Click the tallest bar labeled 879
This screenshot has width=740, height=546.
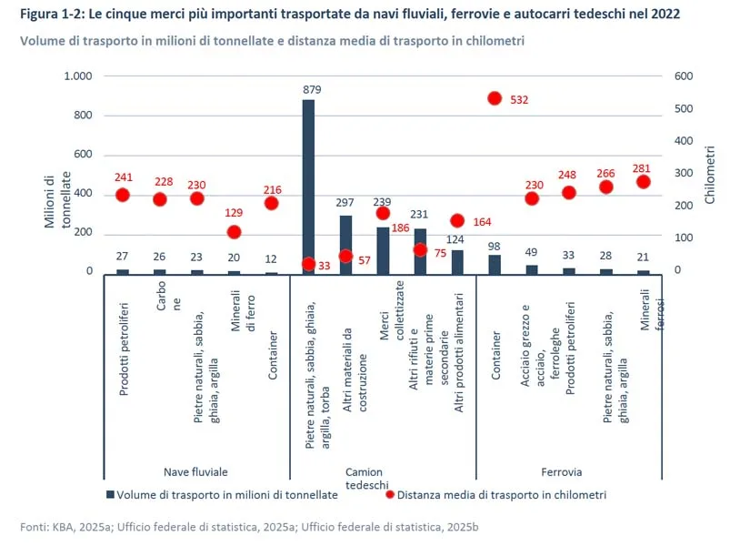point(308,187)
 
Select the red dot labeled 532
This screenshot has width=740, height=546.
point(495,98)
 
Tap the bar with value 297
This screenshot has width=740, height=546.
point(345,244)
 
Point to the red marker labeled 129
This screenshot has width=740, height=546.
point(235,232)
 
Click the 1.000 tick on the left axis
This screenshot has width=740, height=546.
point(78,76)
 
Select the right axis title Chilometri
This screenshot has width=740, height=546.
point(710,173)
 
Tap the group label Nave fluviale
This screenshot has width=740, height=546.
point(195,472)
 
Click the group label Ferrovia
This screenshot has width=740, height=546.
point(561,472)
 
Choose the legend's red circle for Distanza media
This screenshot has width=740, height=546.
point(389,494)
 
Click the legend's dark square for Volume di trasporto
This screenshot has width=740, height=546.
point(110,494)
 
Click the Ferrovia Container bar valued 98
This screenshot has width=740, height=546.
point(495,263)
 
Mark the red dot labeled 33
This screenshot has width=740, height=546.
point(308,264)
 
